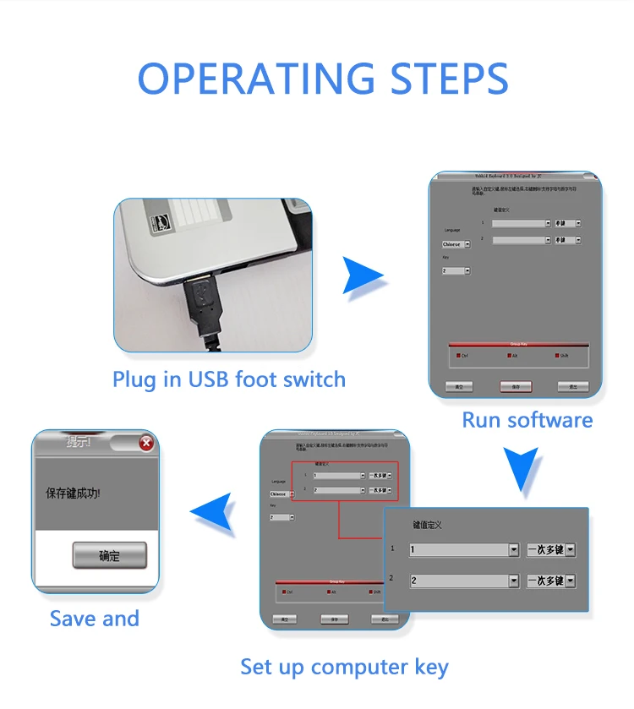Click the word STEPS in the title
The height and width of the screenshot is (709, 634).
tap(449, 79)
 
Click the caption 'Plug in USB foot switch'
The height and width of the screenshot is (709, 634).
tap(229, 379)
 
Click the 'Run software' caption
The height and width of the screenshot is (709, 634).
tap(527, 420)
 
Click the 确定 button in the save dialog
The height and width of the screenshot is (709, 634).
tap(109, 555)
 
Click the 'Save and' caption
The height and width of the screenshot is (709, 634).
tap(95, 619)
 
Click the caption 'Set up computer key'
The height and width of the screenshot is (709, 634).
tap(344, 667)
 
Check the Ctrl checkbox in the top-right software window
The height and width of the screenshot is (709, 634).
tap(459, 356)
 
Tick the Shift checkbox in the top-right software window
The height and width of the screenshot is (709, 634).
tap(558, 356)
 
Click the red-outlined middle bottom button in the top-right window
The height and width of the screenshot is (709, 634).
tap(515, 386)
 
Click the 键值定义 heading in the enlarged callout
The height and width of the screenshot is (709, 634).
tap(427, 525)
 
